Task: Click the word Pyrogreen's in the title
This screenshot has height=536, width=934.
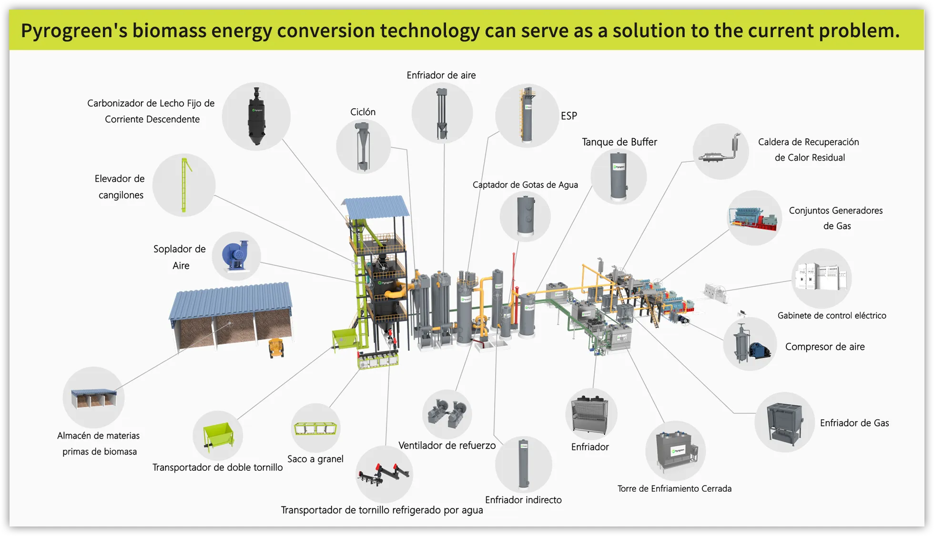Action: [74, 30]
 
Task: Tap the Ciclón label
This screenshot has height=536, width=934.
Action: [363, 112]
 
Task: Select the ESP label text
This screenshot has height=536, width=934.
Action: [569, 116]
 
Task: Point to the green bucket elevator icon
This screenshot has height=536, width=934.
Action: [184, 185]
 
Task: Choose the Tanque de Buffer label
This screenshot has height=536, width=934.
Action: [619, 142]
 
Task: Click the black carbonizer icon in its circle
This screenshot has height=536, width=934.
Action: [256, 116]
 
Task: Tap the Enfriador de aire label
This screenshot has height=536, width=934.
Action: [441, 75]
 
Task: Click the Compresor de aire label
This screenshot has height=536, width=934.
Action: [824, 347]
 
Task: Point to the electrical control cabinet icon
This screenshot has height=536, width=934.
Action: [821, 278]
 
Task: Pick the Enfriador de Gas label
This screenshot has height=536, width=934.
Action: [854, 423]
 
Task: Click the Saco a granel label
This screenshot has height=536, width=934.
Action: [315, 459]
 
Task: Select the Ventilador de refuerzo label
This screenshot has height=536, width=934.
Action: [447, 445]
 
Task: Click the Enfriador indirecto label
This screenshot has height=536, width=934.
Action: [523, 500]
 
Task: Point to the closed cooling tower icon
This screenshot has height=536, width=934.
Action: [675, 451]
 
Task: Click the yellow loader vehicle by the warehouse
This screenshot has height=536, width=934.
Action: [276, 347]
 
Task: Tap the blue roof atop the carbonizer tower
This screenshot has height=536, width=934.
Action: [376, 206]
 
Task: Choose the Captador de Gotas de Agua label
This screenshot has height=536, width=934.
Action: [525, 185]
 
